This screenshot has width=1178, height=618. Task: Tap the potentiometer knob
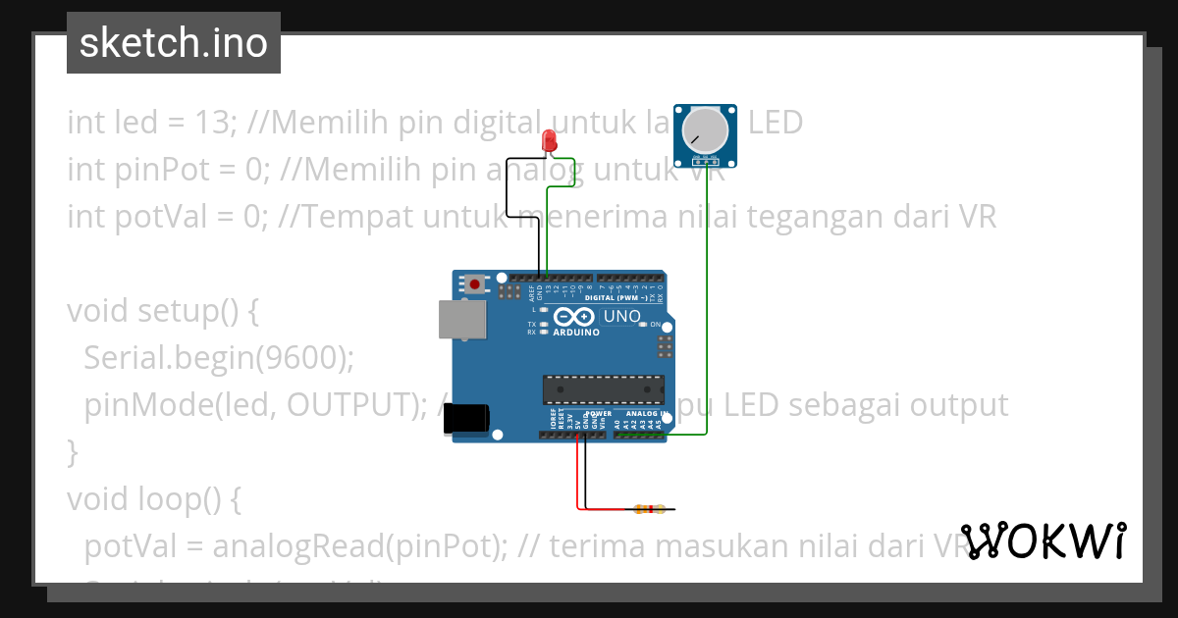pos(704,129)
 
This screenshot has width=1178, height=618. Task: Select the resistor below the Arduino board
pos(648,509)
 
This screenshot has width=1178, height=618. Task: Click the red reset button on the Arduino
pos(475,284)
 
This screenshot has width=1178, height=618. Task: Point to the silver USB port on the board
pos(461,320)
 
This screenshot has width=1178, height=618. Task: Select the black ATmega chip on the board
pos(604,389)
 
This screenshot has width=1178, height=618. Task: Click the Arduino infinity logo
pos(574,318)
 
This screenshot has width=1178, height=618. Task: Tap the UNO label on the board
pos(620,317)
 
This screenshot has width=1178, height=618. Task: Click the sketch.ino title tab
pos(174,43)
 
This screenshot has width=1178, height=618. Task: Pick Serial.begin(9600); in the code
pos(218,358)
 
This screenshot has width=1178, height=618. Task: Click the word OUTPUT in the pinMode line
pos(351,405)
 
